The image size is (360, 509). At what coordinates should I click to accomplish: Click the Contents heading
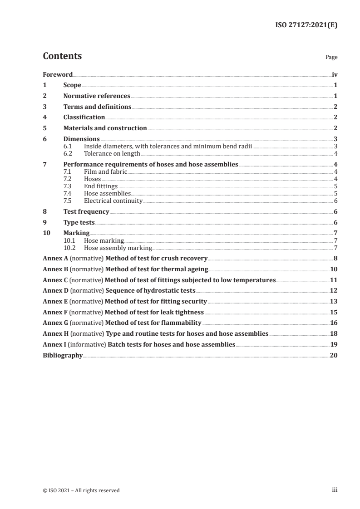[62, 56]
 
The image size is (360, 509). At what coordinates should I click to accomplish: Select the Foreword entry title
[58, 74]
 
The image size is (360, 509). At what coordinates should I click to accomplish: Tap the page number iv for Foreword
[335, 74]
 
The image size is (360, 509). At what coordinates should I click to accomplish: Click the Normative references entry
[97, 96]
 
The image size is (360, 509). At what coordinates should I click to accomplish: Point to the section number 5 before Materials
[44, 128]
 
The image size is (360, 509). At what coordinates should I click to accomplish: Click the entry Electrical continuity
[113, 201]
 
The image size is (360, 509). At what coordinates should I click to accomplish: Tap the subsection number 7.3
[69, 186]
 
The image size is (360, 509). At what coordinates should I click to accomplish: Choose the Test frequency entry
[86, 212]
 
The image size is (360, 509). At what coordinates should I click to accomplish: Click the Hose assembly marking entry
[118, 248]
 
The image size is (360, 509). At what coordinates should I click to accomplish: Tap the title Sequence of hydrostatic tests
[150, 291]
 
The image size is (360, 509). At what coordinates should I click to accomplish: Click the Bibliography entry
[63, 356]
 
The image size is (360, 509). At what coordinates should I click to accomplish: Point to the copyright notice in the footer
[81, 490]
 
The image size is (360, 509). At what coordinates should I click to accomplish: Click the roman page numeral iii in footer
[335, 490]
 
